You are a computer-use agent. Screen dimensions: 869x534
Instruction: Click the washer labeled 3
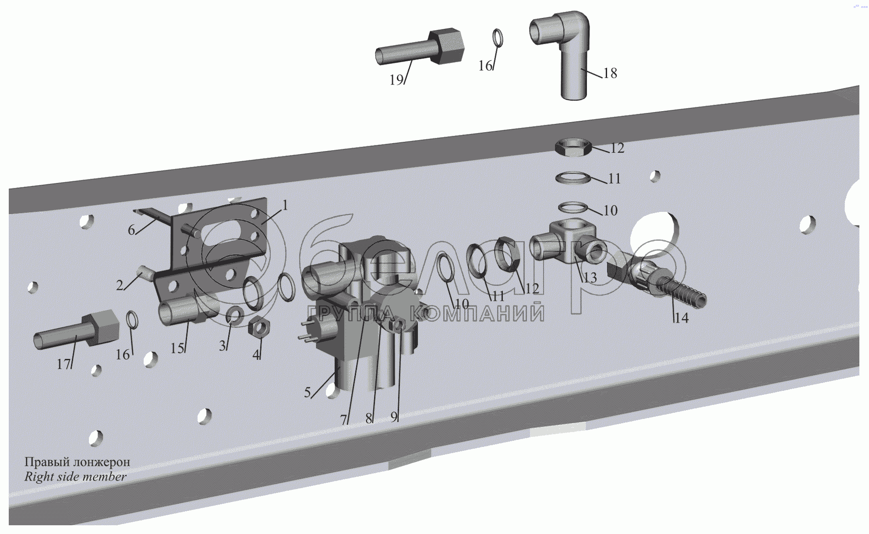tap(235, 316)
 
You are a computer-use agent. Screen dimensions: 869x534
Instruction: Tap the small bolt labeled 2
tap(145, 273)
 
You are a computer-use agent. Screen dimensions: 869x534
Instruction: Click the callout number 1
tap(285, 205)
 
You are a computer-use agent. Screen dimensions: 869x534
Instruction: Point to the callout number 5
tap(307, 392)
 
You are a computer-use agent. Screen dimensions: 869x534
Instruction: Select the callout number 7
tap(343, 420)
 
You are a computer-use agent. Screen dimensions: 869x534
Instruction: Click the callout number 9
tap(394, 417)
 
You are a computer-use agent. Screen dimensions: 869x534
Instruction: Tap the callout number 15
tap(177, 348)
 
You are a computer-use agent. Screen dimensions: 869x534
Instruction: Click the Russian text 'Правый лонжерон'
tap(77, 462)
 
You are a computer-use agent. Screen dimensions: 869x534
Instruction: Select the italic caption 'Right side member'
tap(75, 477)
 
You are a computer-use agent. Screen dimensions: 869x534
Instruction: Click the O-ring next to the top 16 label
tap(498, 38)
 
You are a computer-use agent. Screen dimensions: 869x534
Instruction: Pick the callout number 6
tap(131, 230)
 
